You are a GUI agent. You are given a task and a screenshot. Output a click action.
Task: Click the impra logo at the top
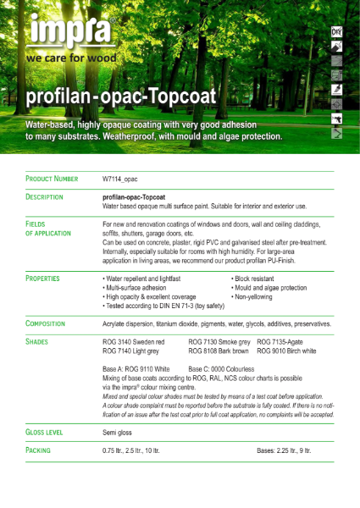click(x=71, y=31)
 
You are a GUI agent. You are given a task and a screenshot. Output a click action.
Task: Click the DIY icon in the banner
click(x=336, y=31)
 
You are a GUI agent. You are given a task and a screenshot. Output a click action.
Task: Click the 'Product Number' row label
click(x=52, y=179)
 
